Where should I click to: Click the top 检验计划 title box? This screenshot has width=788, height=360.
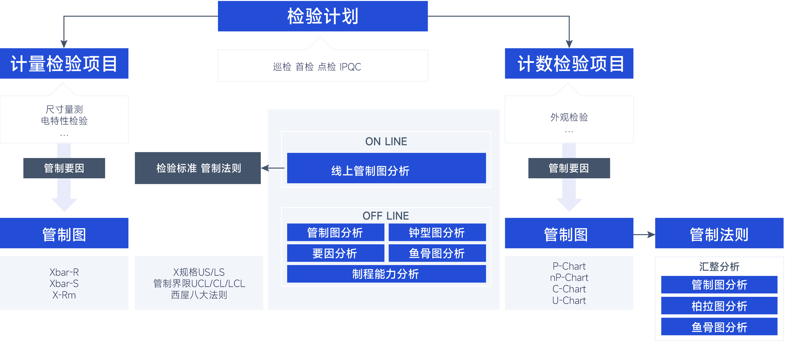323,16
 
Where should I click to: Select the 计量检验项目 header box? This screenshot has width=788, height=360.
64,64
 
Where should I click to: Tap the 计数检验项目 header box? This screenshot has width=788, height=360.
569,64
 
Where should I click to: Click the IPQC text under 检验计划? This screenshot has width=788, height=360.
350,67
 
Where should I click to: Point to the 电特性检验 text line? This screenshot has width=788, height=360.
64,121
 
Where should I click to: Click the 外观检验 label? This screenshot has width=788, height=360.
569,117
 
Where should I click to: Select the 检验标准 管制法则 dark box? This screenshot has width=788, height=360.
198,168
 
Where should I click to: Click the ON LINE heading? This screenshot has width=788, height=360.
386,141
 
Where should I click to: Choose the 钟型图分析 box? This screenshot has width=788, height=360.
437,232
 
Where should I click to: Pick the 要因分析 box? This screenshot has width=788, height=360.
335,253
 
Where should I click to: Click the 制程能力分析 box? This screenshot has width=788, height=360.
386,274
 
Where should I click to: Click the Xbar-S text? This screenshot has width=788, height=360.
64,284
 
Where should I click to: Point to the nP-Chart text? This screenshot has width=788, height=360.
569,277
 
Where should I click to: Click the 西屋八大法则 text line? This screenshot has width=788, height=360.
199,295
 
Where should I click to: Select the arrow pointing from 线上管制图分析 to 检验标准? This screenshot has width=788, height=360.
273,168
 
